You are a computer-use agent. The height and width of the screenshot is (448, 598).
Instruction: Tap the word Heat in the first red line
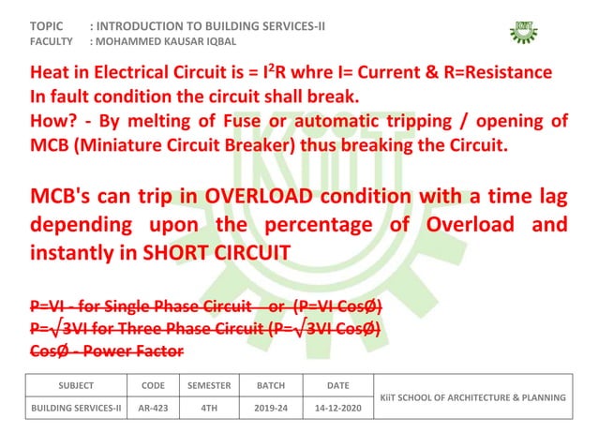point(51,73)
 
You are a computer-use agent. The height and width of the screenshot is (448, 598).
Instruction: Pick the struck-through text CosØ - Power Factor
point(106,351)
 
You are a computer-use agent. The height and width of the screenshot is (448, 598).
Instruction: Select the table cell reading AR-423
point(153,410)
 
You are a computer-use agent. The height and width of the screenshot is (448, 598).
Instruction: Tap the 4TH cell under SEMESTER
point(209,410)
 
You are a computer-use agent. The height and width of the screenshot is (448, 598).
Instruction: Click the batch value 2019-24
point(271,410)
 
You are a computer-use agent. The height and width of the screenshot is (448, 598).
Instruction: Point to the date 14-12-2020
point(337,410)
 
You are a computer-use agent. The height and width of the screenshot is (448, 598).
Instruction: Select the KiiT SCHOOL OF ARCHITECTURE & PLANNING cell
point(471,397)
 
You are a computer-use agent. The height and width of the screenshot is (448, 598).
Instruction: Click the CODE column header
point(153,385)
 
